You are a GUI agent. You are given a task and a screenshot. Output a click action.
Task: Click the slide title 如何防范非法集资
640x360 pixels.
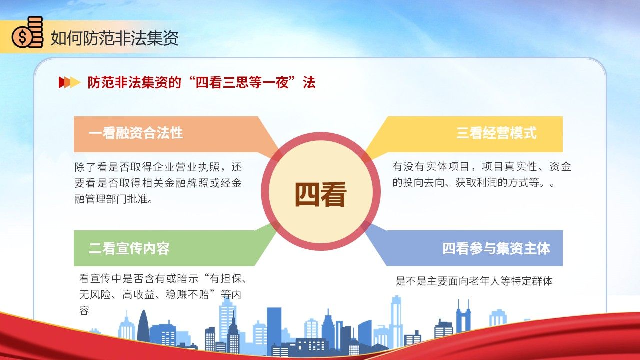tap(115, 38)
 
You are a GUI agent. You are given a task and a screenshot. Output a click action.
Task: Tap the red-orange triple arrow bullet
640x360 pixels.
tap(69, 82)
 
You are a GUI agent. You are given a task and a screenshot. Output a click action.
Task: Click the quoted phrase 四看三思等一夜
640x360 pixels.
tap(242, 83)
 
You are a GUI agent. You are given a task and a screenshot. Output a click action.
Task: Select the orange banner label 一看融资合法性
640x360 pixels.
tap(136, 133)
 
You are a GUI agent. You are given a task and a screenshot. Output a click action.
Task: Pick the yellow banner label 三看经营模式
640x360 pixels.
tap(496, 133)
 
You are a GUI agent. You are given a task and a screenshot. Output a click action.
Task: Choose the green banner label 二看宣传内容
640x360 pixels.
tap(129, 248)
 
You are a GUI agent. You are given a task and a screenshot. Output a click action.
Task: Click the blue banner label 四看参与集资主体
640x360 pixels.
tap(496, 248)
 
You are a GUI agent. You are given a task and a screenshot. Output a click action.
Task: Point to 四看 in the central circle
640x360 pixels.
tap(320, 194)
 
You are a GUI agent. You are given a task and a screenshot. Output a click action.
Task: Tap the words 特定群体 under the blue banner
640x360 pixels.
tap(532, 281)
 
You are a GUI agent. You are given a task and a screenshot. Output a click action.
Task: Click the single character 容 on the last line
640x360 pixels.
tap(84, 310)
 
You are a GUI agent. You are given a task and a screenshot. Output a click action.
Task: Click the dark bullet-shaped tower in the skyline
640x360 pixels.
tap(143, 326)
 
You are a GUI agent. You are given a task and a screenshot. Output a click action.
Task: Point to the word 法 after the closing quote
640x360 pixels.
tap(309, 83)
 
